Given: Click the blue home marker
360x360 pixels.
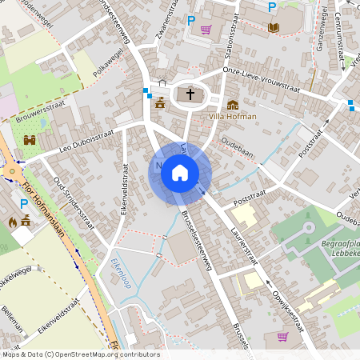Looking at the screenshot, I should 180,172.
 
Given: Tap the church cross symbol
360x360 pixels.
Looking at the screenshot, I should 190,94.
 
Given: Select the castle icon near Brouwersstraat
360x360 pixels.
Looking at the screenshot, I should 30,141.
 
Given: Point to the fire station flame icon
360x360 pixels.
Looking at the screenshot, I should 13,222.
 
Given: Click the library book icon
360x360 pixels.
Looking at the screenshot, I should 274,27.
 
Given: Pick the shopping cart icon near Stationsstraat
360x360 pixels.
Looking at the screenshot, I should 206,30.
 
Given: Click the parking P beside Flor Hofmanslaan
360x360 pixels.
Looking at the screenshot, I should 23,204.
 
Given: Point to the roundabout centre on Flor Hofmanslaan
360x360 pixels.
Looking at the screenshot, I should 13,172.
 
